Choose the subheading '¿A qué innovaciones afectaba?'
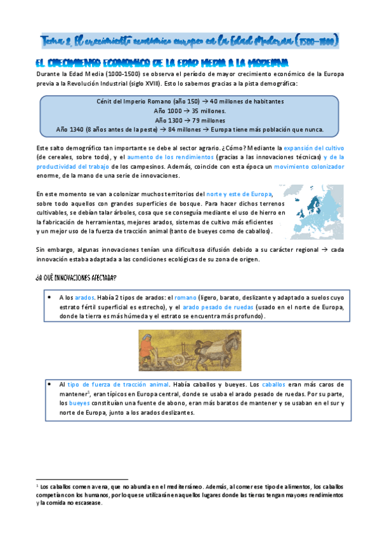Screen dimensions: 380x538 (x=75, y=261)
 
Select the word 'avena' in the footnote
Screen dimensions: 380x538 (x=88, y=485)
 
